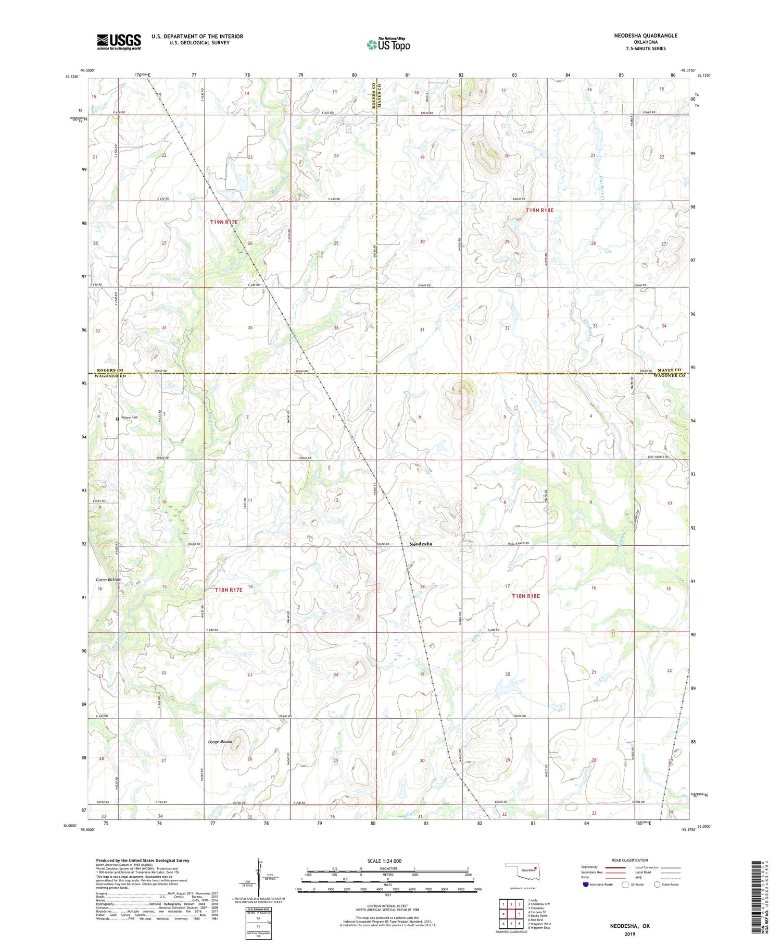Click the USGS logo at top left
(119, 42)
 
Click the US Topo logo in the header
(388, 45)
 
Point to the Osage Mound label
(219, 741)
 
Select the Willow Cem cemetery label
(130, 418)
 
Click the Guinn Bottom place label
(109, 580)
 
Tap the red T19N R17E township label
(224, 222)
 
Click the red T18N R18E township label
(525, 596)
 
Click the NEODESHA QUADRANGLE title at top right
(646, 35)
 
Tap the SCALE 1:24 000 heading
(387, 861)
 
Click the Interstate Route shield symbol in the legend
(586, 885)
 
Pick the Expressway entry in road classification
(589, 867)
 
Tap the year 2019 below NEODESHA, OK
(630, 934)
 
